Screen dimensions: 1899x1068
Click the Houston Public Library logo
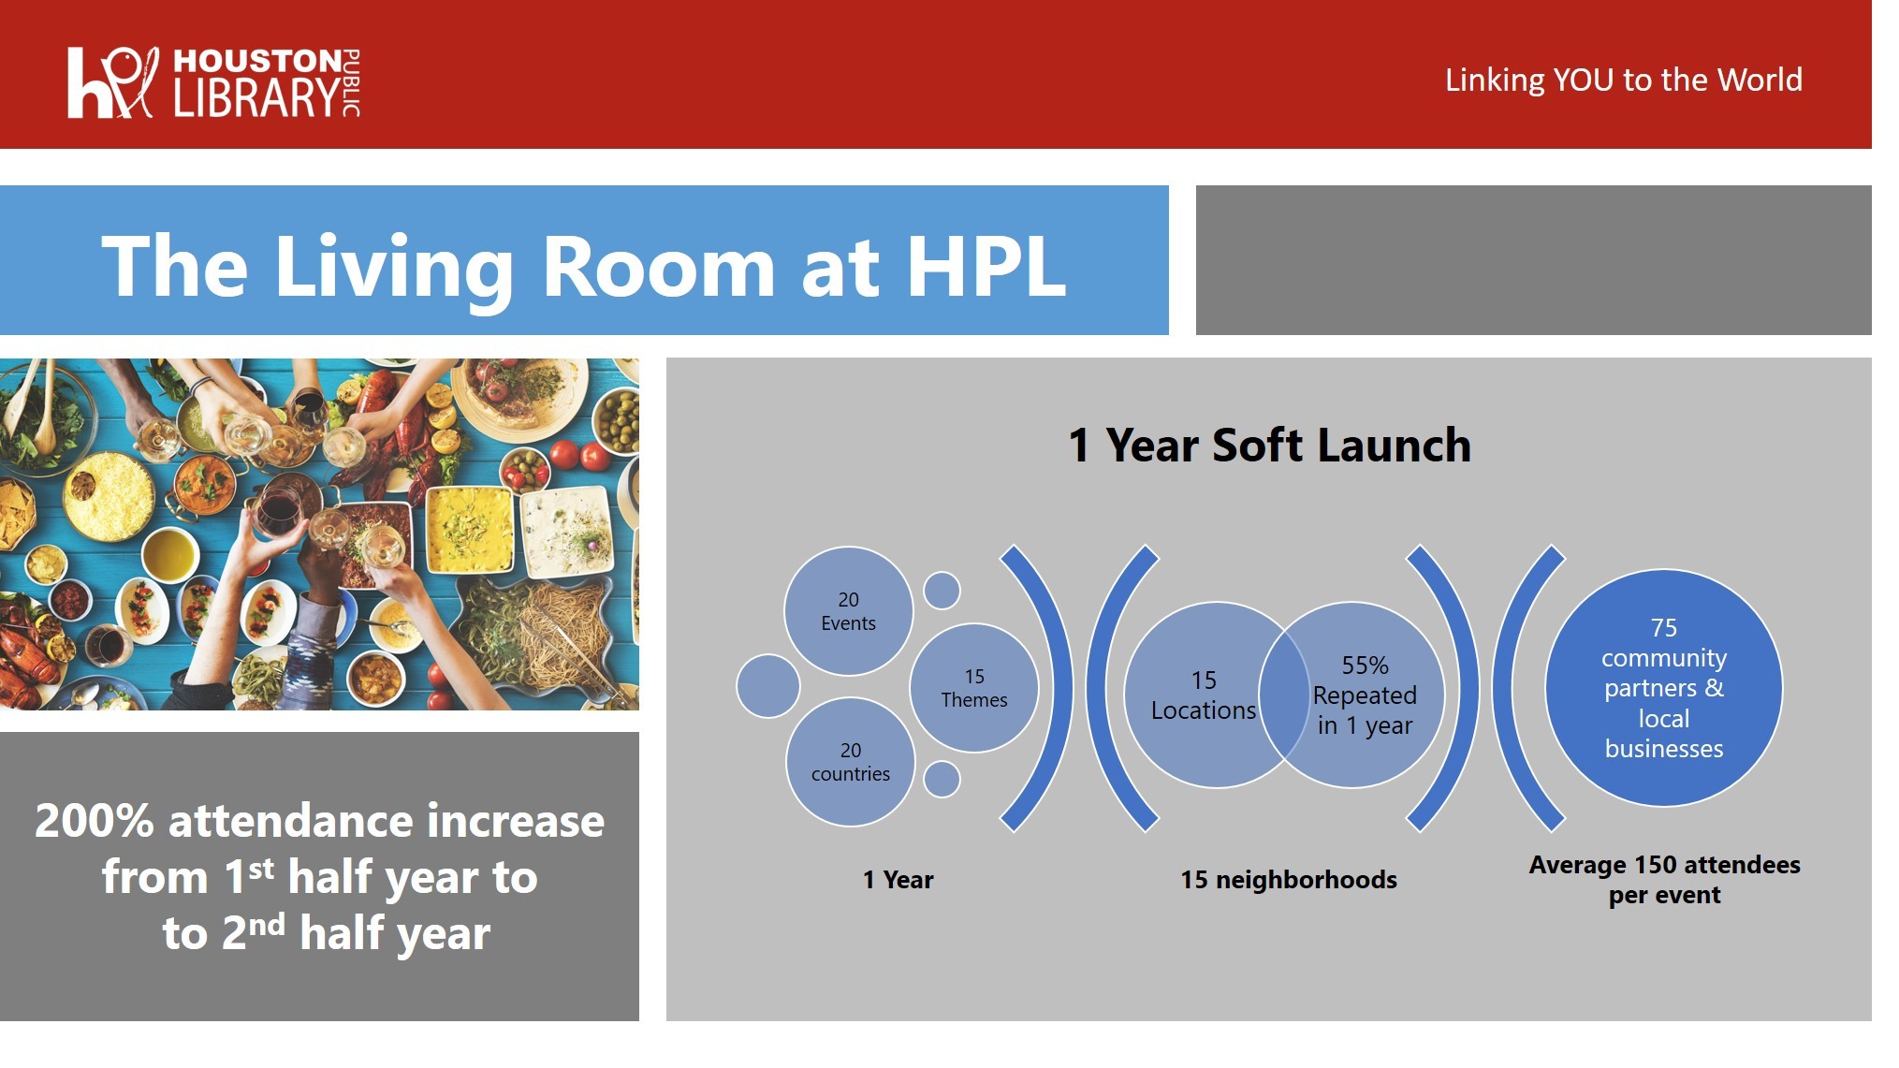pos(213,82)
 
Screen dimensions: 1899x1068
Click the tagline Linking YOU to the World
pos(1623,80)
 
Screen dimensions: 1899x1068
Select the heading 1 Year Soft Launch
pos(1269,445)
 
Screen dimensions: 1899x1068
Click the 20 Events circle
pos(848,611)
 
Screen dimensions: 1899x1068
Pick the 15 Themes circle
pos(973,688)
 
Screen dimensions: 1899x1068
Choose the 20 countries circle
pos(850,762)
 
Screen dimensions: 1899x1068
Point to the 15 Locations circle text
pos(1204,695)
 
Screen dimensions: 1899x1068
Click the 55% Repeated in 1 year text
pos(1365,695)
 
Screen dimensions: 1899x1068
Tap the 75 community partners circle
pos(1664,688)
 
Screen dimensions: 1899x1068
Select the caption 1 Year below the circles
pos(898,880)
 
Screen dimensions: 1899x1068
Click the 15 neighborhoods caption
pos(1289,880)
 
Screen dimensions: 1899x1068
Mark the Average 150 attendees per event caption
pos(1664,880)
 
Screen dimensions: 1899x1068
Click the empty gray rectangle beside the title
pos(1533,260)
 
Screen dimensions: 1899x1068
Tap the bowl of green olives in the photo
pos(618,416)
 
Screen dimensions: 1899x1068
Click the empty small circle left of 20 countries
pos(767,686)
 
